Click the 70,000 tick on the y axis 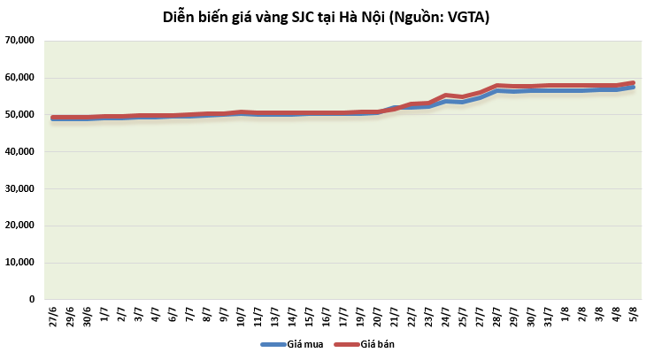pyautogui.click(x=18, y=41)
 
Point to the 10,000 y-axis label pyautogui.click(x=18, y=263)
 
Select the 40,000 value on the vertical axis pyautogui.click(x=18, y=151)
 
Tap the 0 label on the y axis pyautogui.click(x=31, y=300)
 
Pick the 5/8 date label pyautogui.click(x=633, y=318)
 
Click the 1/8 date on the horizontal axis pyautogui.click(x=565, y=318)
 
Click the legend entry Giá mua pyautogui.click(x=289, y=344)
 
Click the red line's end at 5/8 pyautogui.click(x=633, y=83)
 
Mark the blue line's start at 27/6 pyautogui.click(x=53, y=119)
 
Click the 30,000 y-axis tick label pyautogui.click(x=18, y=188)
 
